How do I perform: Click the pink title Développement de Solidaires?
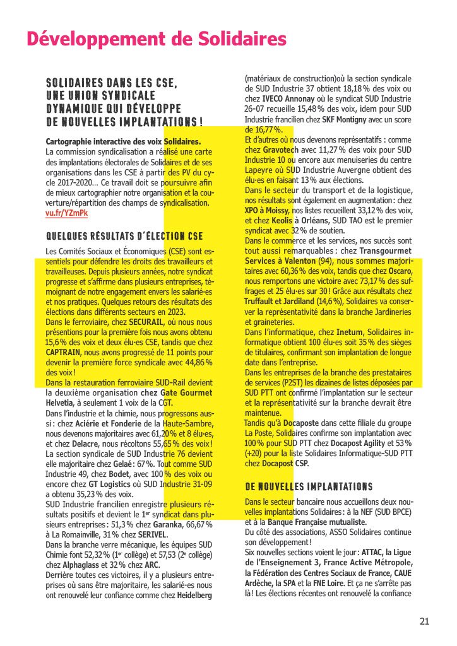(x=157, y=39)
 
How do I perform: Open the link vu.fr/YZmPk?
(x=67, y=213)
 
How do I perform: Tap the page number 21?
(x=425, y=621)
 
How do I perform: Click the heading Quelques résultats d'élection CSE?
(x=125, y=237)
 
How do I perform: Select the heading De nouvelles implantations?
(x=309, y=486)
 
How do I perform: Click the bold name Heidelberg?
(x=196, y=595)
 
